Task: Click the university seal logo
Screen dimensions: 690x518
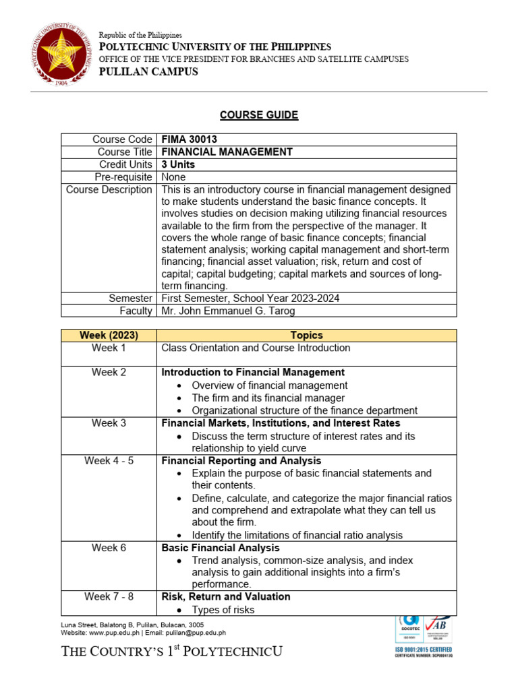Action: click(57, 57)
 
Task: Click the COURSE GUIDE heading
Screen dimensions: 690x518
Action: click(259, 115)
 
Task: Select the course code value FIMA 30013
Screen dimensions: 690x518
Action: click(189, 139)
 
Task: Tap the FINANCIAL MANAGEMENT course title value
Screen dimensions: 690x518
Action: click(227, 152)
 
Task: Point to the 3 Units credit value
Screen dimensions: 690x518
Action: click(178, 164)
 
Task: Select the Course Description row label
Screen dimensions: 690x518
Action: click(109, 190)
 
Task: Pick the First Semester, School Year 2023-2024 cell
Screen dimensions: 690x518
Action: click(250, 298)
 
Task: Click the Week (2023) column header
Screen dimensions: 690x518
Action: click(109, 336)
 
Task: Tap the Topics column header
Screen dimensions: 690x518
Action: click(306, 336)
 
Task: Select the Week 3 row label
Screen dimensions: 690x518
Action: click(109, 423)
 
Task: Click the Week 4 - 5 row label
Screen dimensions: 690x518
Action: click(109, 461)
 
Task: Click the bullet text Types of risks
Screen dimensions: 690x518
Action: click(223, 610)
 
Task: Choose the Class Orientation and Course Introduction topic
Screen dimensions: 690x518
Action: click(256, 348)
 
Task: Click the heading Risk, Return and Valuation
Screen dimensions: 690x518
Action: click(226, 596)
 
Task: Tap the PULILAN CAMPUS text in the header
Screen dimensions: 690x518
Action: click(148, 72)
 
